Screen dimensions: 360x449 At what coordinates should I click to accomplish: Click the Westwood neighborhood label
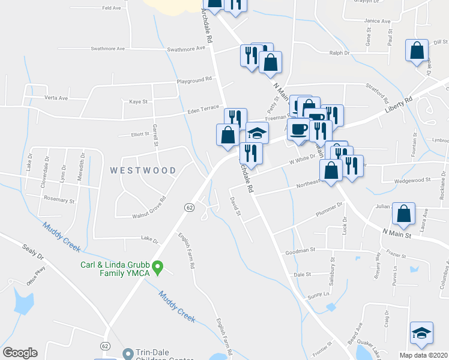point(143,170)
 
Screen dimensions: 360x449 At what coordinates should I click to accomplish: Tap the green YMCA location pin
point(158,268)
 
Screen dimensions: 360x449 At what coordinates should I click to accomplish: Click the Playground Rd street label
point(194,79)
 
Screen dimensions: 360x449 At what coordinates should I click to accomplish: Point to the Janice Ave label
point(378,20)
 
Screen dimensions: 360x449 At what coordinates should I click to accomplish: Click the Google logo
point(20,353)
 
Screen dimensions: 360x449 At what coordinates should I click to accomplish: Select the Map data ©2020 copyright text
point(423,355)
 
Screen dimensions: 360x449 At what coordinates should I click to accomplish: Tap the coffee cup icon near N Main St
point(298,128)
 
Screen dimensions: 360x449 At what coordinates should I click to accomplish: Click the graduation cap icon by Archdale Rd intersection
point(257,133)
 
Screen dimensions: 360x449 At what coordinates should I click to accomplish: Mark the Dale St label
point(303,274)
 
